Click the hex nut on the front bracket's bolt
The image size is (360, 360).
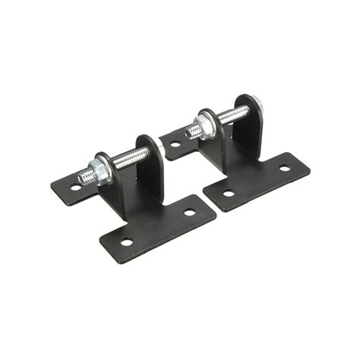99,169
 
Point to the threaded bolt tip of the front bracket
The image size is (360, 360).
84,178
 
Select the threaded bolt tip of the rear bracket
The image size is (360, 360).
190,131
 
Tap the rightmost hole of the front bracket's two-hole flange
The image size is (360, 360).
189,212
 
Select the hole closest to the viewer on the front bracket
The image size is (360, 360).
127,242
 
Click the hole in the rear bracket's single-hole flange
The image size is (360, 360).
175,144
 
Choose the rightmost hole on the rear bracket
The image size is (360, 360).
284,168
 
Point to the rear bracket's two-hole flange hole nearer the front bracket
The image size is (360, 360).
229,193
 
